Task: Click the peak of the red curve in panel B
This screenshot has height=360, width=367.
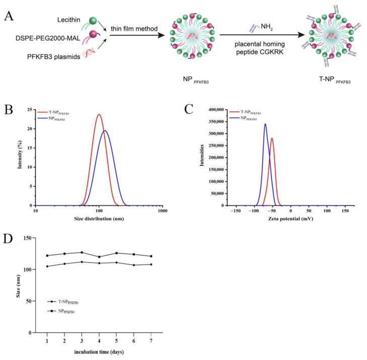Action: pos(99,115)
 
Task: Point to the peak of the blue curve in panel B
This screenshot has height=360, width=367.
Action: pos(105,131)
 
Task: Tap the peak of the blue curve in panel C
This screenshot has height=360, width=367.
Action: pos(265,124)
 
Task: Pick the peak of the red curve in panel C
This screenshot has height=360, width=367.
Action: pos(272,138)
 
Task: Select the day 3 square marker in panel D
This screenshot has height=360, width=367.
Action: pos(82,252)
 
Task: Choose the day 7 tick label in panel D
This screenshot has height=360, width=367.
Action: pos(151,340)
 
